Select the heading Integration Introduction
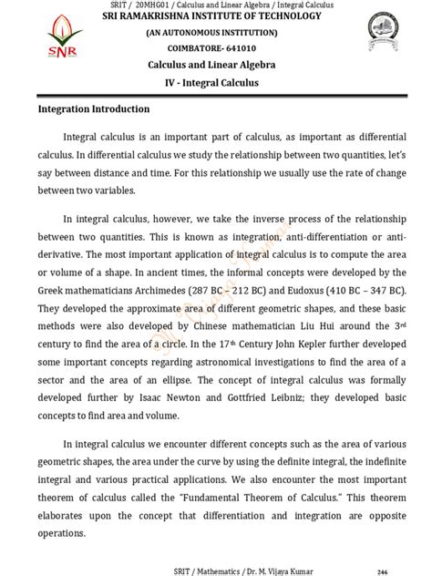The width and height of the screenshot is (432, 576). point(94,109)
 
